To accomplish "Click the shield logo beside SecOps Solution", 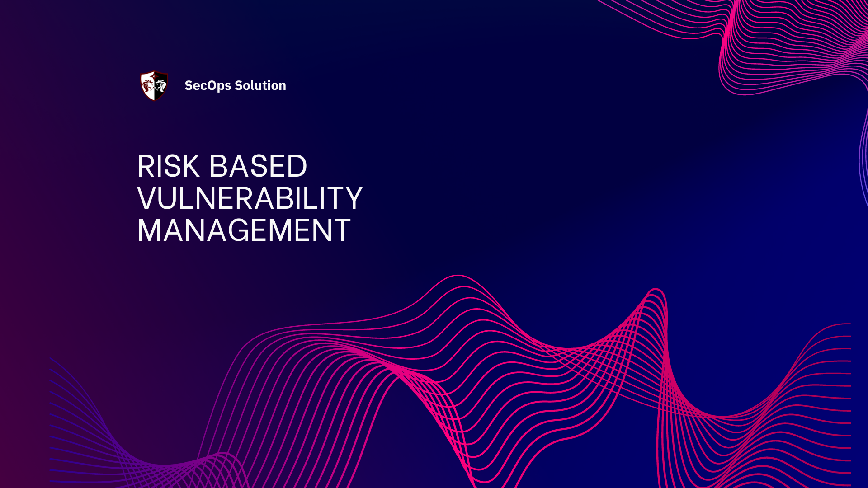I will (x=154, y=85).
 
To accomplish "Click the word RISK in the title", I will (x=168, y=166).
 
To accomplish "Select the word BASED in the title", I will (x=258, y=166).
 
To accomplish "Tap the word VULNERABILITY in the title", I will (x=250, y=198).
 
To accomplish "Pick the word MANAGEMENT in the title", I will (x=244, y=230).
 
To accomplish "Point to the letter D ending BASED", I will (x=297, y=166).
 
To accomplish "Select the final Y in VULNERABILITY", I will (x=352, y=198).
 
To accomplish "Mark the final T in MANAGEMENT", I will (x=340, y=230).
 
